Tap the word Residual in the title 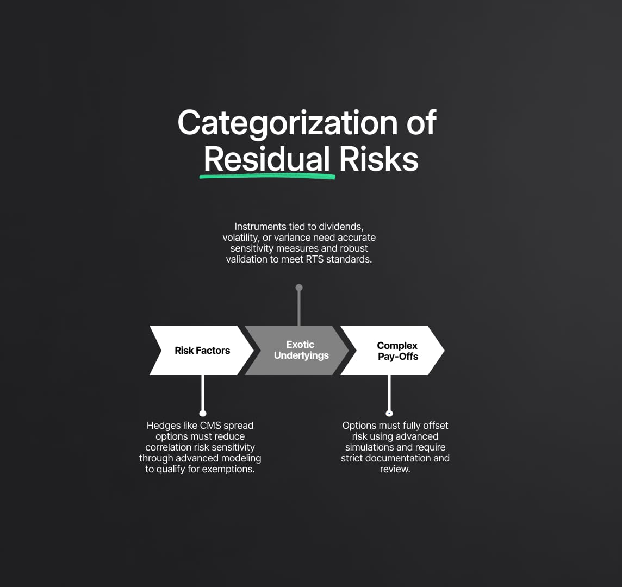(x=266, y=160)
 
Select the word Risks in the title (x=379, y=160)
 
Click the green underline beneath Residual (x=267, y=176)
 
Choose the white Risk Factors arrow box (x=202, y=351)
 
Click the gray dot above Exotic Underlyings (x=298, y=288)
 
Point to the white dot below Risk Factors (x=203, y=414)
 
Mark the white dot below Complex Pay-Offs (x=389, y=414)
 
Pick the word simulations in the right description (x=372, y=447)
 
